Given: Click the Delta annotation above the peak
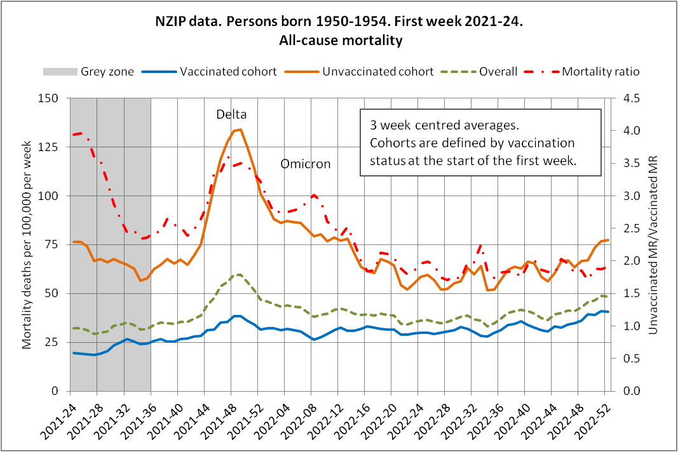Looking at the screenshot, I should (231, 115).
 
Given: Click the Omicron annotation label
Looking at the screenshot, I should (306, 164).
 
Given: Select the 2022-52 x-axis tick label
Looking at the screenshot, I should (595, 420).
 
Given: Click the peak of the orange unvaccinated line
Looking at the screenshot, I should (240, 130).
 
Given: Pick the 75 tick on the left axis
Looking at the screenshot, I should (52, 244).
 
